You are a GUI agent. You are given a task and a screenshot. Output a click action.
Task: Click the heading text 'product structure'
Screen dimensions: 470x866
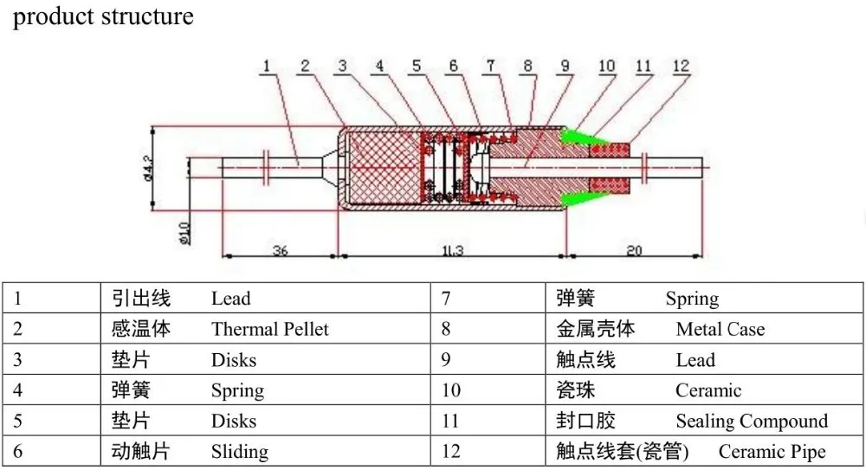coord(103,16)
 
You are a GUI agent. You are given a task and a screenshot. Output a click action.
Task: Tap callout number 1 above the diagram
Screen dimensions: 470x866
coord(268,65)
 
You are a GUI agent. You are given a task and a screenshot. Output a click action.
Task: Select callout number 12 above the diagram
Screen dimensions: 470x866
coord(680,65)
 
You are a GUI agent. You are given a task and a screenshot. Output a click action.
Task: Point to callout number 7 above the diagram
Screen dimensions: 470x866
coord(490,65)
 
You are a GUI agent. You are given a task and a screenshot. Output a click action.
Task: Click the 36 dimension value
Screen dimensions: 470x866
coord(280,250)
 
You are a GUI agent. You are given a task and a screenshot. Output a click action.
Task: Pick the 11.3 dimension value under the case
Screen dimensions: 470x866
coord(453,250)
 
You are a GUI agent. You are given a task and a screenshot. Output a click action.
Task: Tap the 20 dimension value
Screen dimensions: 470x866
coord(634,250)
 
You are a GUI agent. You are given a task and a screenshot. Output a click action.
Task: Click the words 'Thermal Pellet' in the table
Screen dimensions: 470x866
coord(269,330)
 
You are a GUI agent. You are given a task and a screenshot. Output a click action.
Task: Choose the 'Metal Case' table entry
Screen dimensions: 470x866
coord(720,330)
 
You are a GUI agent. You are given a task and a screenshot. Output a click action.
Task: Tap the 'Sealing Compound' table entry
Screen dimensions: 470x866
coord(752,422)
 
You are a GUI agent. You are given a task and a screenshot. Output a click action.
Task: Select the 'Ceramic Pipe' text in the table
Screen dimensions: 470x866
coord(772,452)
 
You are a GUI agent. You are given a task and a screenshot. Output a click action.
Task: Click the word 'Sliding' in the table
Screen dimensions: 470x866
coord(239,452)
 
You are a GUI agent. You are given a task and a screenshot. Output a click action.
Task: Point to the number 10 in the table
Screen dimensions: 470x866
coord(451,391)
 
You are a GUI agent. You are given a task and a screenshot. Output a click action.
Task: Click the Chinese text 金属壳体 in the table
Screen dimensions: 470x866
coord(595,330)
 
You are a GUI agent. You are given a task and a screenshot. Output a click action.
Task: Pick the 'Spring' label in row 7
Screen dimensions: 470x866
coord(692,299)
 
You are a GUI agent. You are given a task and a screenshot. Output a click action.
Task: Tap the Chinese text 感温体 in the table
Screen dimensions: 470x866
coord(141,330)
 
